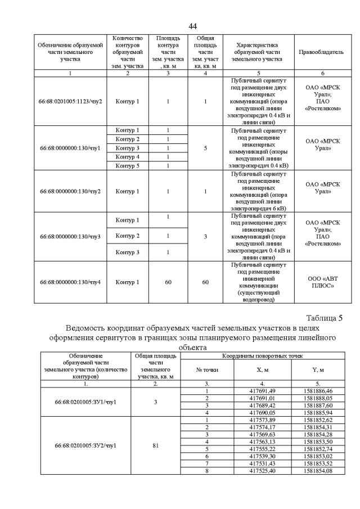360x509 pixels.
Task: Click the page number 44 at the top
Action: tap(192, 26)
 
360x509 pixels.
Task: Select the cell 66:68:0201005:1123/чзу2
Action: tap(70, 101)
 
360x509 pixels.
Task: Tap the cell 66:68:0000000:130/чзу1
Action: tap(70, 148)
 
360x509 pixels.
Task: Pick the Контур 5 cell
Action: tap(127, 166)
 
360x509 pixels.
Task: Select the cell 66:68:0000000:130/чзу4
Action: tap(70, 282)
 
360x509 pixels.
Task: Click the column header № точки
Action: tap(206, 370)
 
